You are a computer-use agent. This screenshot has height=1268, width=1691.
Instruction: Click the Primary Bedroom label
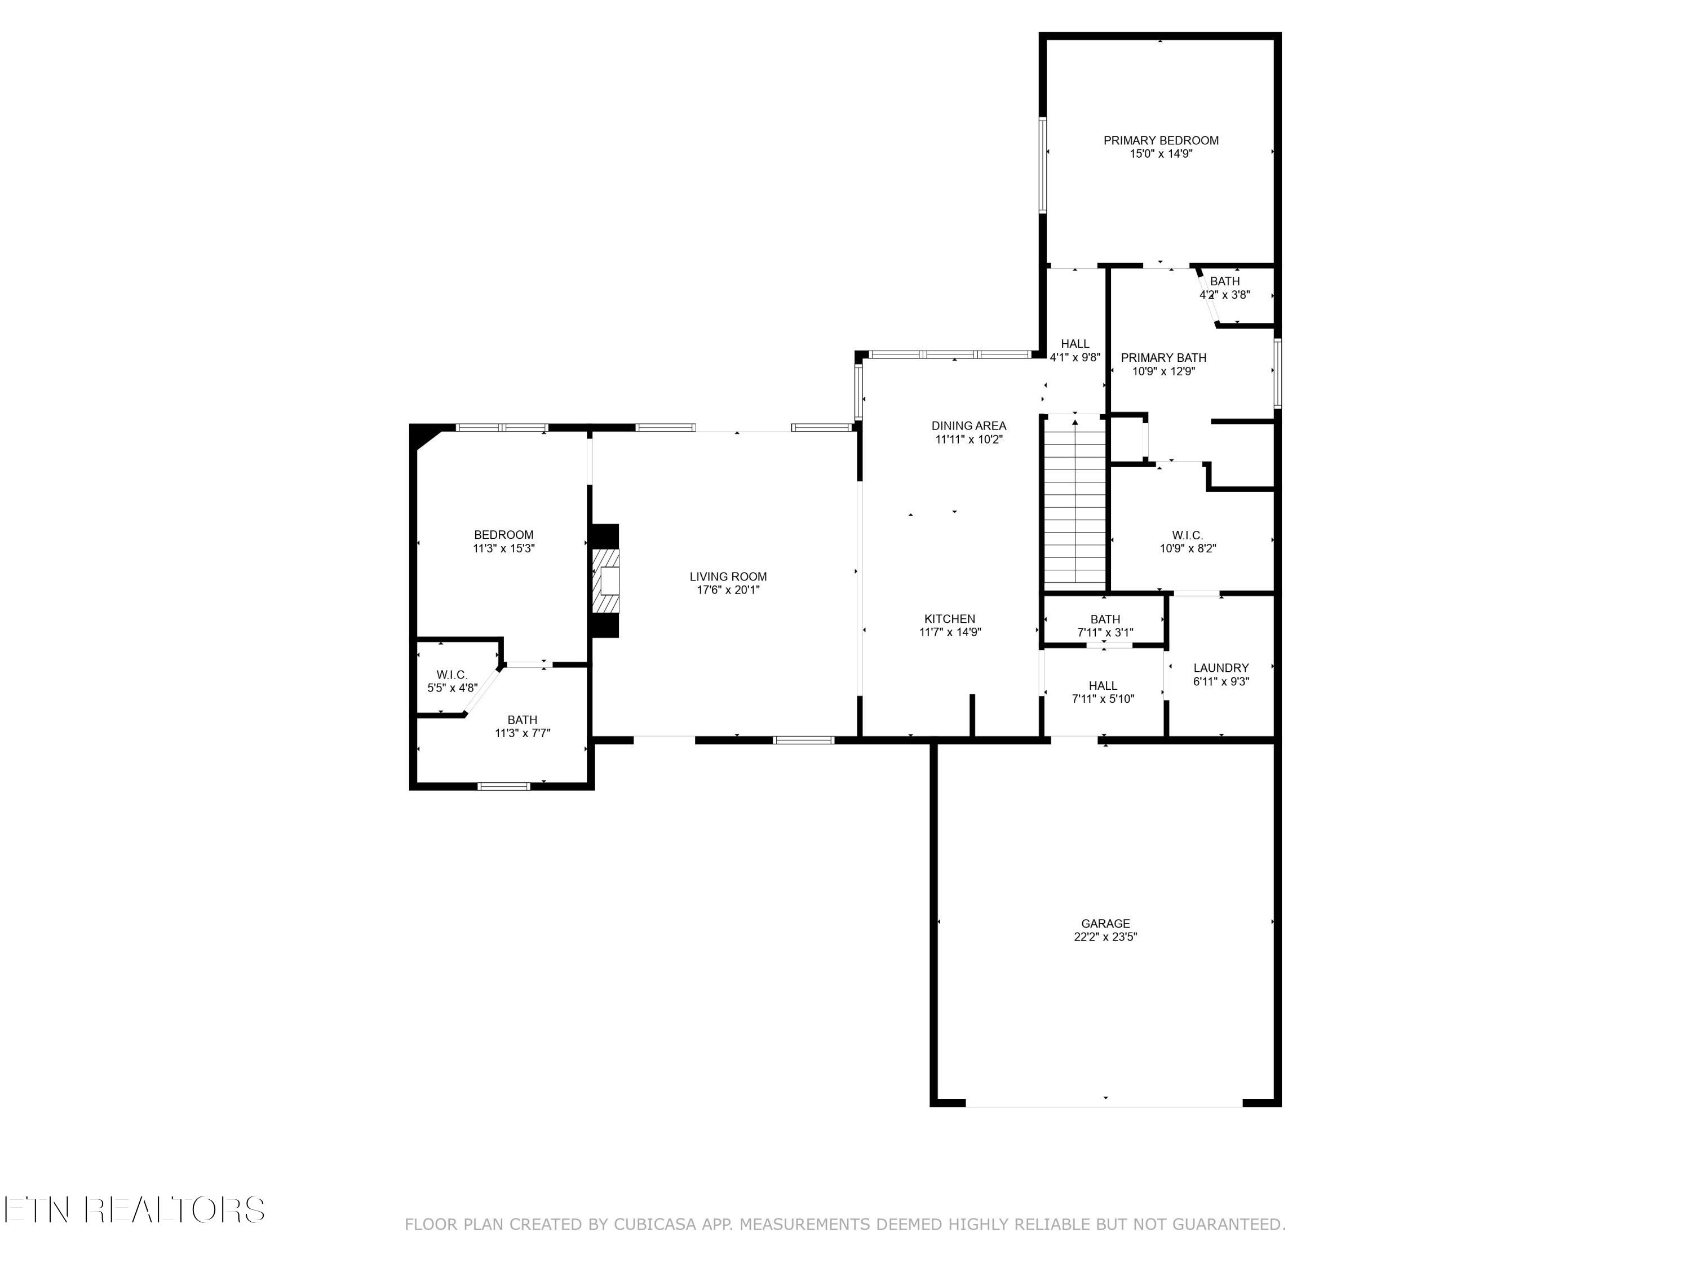[1161, 141]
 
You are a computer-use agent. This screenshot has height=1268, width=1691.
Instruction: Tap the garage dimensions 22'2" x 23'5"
[1105, 937]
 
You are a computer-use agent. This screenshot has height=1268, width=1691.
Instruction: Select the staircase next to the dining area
[1075, 504]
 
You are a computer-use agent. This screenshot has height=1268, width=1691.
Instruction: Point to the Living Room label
[728, 577]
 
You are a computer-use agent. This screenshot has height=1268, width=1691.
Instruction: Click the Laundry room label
[1221, 668]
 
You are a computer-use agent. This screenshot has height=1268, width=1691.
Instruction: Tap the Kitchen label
[949, 619]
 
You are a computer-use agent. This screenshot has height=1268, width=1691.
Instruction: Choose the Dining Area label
[968, 425]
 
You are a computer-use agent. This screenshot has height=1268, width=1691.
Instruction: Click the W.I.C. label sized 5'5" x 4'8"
[452, 675]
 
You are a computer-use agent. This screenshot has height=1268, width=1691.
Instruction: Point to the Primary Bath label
[1163, 358]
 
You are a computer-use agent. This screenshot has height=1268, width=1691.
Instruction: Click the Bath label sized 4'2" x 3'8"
[1225, 281]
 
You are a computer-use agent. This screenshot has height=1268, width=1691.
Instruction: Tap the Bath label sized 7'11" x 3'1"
[1105, 619]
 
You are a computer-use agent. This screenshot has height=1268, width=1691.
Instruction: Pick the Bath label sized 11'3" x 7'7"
[522, 720]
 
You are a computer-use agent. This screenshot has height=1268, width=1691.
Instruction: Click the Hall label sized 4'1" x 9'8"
[1075, 344]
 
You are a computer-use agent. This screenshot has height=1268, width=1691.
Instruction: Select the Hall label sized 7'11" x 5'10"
[1103, 686]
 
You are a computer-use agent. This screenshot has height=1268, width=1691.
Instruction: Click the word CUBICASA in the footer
[654, 1225]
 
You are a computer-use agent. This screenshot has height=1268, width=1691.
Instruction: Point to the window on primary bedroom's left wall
[1042, 165]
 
